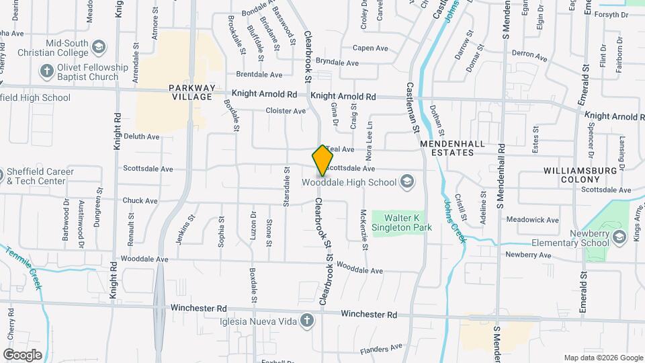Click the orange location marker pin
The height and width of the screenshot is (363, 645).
click(x=322, y=160)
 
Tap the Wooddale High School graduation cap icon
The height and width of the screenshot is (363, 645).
click(x=406, y=182)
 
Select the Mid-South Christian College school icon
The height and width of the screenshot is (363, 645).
click(x=99, y=46)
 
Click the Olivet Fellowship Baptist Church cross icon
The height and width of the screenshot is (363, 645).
click(x=46, y=70)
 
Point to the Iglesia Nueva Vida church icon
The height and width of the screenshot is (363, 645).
click(x=307, y=320)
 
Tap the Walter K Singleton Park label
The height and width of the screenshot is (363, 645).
click(x=406, y=223)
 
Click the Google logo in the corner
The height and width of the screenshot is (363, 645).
click(x=22, y=354)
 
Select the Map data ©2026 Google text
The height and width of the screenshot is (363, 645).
click(x=603, y=358)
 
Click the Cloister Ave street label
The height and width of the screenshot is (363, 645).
click(x=286, y=111)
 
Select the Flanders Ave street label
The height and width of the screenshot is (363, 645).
click(x=381, y=348)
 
